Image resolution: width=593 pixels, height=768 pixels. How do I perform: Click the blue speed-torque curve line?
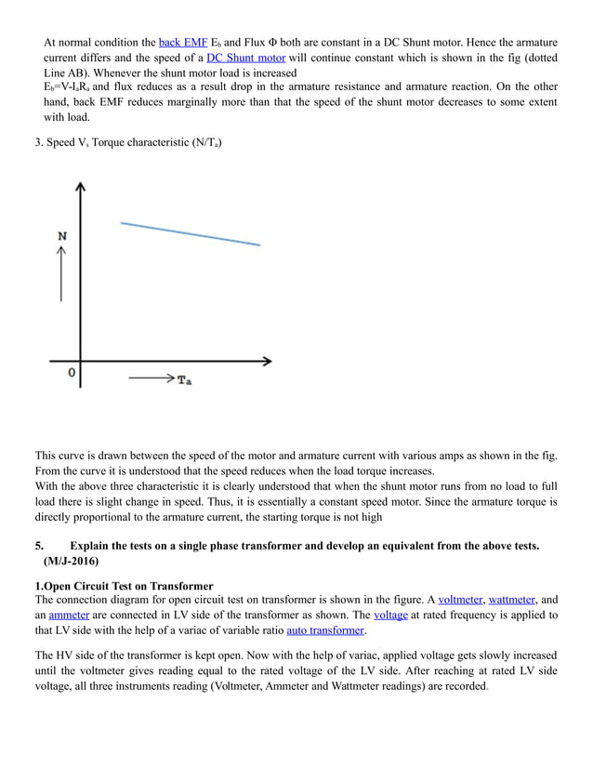[191, 233]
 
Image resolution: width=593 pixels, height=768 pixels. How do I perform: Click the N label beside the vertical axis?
[62, 236]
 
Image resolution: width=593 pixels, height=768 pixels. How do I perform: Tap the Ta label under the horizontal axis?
[184, 381]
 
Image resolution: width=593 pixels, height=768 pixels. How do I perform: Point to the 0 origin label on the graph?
[71, 373]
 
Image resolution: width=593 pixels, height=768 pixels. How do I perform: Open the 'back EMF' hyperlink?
[183, 43]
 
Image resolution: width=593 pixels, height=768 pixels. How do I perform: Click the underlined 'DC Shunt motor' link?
[245, 58]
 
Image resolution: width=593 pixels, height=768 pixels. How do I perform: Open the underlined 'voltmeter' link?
[460, 601]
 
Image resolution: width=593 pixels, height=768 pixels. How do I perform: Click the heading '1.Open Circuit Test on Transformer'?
[124, 586]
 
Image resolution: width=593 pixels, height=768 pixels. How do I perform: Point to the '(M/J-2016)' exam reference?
[71, 562]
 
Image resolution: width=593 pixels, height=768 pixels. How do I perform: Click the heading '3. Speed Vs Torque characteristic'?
[128, 142]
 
